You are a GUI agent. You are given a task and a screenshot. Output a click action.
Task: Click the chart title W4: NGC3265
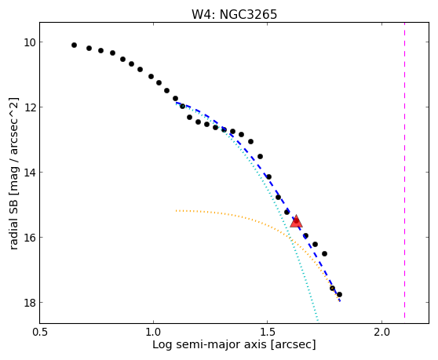click(234, 14)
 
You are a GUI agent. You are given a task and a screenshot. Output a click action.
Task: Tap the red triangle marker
click(296, 221)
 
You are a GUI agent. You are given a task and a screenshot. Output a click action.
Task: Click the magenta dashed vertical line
click(404, 170)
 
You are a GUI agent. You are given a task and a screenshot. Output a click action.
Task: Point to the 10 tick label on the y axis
click(30, 42)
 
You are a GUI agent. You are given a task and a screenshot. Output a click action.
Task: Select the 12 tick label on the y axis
click(30, 107)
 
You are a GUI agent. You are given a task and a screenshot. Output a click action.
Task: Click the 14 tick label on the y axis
click(30, 173)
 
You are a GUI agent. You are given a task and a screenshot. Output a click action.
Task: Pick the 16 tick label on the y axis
click(30, 238)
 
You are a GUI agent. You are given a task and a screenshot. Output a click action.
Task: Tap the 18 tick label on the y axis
click(30, 303)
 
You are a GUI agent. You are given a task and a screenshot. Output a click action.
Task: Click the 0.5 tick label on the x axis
click(40, 333)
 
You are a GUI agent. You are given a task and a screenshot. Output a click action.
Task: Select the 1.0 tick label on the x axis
click(153, 333)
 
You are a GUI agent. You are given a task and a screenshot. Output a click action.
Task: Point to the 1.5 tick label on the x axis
click(268, 333)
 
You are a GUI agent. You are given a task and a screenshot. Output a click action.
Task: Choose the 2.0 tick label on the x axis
click(381, 333)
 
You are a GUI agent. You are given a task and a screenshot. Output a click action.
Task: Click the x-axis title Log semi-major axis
click(210, 345)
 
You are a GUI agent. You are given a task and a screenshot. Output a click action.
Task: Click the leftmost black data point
click(74, 45)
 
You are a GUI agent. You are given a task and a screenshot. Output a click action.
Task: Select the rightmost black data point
click(339, 294)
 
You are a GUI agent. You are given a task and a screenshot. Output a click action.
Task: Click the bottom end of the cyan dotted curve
click(318, 320)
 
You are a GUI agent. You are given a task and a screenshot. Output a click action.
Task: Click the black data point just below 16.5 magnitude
click(324, 253)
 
